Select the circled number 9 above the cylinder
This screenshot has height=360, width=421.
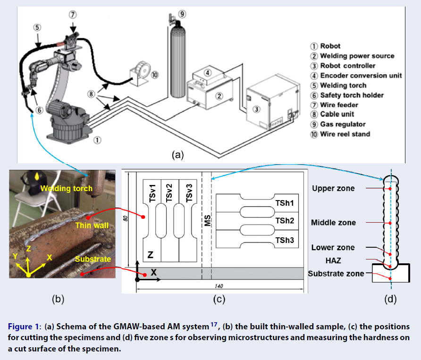pyautogui.click(x=182, y=14)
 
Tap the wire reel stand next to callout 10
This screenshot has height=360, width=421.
pyautogui.click(x=140, y=70)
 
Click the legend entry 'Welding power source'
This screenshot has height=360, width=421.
pyautogui.click(x=357, y=56)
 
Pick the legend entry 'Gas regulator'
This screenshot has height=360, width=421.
pyautogui.click(x=344, y=125)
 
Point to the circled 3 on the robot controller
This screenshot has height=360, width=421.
pyautogui.click(x=256, y=109)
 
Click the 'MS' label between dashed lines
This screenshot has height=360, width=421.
pyautogui.click(x=207, y=220)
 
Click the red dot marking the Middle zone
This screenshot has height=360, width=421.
pyautogui.click(x=390, y=223)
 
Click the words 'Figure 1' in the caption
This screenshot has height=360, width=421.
pyautogui.click(x=22, y=327)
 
